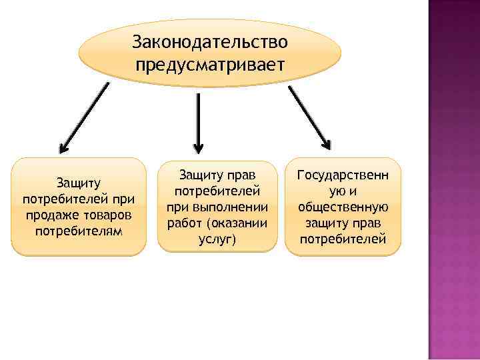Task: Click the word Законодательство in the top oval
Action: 210,41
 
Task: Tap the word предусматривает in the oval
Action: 210,65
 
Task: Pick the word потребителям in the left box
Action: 78,231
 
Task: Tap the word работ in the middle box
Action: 183,223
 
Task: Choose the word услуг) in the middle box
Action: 217,239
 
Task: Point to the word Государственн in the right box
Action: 343,175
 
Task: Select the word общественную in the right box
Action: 343,207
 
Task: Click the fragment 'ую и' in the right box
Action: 343,191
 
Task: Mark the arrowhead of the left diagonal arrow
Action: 62,149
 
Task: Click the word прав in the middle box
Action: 243,175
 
